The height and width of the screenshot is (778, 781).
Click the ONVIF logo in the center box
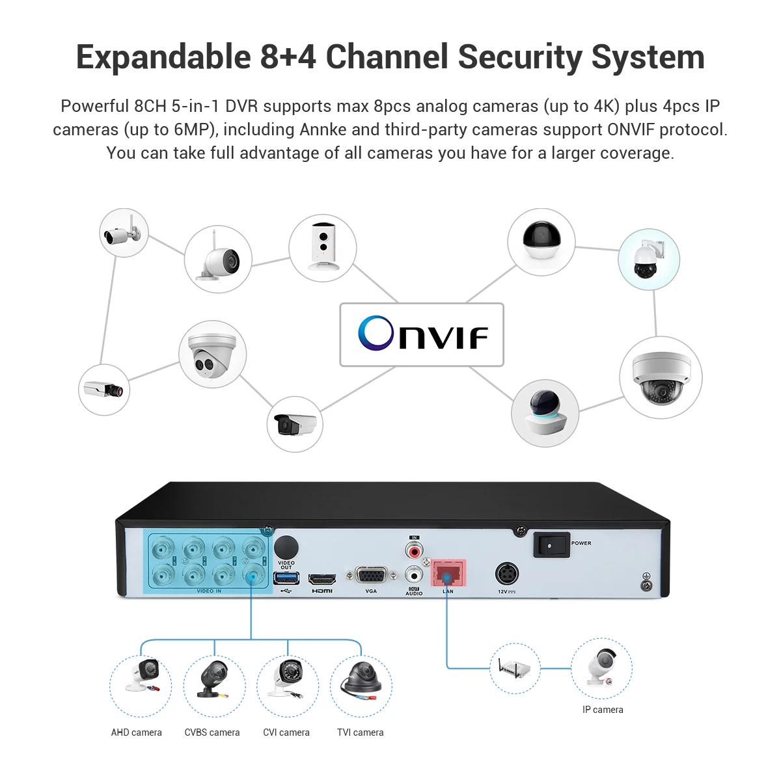(422, 334)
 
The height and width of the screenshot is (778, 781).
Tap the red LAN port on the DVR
(448, 574)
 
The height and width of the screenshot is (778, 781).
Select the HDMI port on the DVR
(322, 578)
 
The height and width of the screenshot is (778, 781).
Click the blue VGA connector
(371, 576)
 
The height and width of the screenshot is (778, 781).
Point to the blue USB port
(286, 578)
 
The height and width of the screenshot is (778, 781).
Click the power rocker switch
(551, 544)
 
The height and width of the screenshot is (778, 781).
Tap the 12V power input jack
(507, 574)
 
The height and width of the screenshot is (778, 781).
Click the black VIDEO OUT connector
(286, 547)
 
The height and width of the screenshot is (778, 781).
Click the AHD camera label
(136, 732)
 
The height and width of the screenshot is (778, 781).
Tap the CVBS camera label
(212, 732)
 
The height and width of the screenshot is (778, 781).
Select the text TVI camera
(360, 732)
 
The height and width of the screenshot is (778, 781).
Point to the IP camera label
(603, 710)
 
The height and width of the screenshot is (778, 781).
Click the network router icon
(514, 668)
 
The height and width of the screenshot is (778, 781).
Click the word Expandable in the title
(163, 57)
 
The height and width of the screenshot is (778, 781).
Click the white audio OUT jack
(413, 575)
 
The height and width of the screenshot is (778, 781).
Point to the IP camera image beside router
(601, 668)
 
